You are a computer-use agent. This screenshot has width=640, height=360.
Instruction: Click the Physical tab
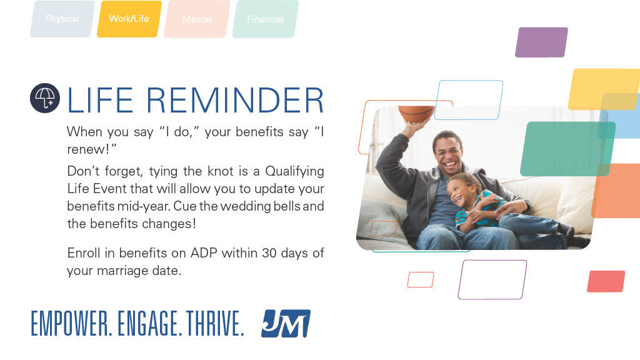tap(62, 19)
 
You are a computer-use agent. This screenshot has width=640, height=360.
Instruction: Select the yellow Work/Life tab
tap(129, 19)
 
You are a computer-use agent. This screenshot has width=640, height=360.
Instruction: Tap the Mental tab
tap(197, 19)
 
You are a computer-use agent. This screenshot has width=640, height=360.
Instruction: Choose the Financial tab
tap(265, 19)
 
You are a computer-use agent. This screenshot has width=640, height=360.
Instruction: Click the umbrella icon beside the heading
tap(45, 99)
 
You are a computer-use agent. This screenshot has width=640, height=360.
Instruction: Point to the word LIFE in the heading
tap(98, 101)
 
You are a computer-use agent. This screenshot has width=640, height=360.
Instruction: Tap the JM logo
tap(286, 324)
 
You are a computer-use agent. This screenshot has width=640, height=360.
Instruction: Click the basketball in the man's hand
tap(416, 114)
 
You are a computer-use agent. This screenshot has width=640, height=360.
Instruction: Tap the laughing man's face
tap(449, 154)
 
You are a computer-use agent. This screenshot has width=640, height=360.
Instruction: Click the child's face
tap(461, 190)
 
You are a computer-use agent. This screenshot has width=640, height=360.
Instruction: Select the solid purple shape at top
tap(541, 42)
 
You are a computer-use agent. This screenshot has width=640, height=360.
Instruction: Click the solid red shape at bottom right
tap(606, 281)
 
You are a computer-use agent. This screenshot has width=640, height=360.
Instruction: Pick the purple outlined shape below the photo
tap(492, 279)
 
